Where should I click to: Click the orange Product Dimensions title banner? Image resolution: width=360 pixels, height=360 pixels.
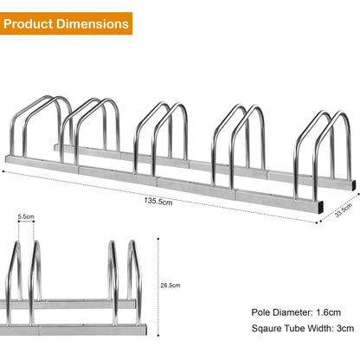67,22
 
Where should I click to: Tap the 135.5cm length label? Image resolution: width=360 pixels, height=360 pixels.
157,205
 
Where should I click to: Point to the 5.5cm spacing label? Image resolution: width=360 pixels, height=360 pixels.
27,217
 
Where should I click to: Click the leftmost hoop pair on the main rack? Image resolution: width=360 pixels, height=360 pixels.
43,126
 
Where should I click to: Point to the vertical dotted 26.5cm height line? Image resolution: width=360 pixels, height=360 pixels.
158,286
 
